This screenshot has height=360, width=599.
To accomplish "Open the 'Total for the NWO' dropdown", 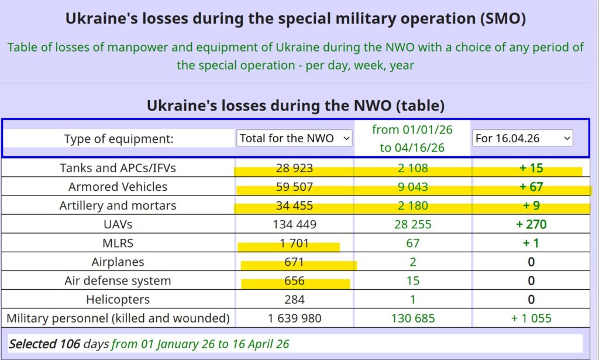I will coord(294,139).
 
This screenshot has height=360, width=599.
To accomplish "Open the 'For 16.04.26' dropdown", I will coord(522,139).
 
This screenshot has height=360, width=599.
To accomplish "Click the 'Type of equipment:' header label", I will coord(119,139).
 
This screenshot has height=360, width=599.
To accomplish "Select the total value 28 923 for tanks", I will coord(294,169).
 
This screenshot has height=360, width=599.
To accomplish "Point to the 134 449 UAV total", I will coord(294,225).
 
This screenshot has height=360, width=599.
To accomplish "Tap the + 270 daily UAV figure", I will coord(531,225).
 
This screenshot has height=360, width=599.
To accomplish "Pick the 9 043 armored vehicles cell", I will coord(412,187).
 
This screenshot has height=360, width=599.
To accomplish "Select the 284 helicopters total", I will coord(294,300).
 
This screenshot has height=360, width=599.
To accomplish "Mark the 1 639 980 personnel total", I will coord(294,319).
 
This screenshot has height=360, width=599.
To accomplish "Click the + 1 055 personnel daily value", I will coord(531,319).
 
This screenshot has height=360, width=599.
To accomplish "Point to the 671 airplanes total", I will coord(294,262).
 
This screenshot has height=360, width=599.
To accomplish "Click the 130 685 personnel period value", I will coord(412,319).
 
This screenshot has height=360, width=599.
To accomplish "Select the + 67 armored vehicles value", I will coord(531,187).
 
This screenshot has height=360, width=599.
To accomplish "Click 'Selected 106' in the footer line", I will coord(44,344).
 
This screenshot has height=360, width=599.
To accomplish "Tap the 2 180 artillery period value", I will coord(412,206).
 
